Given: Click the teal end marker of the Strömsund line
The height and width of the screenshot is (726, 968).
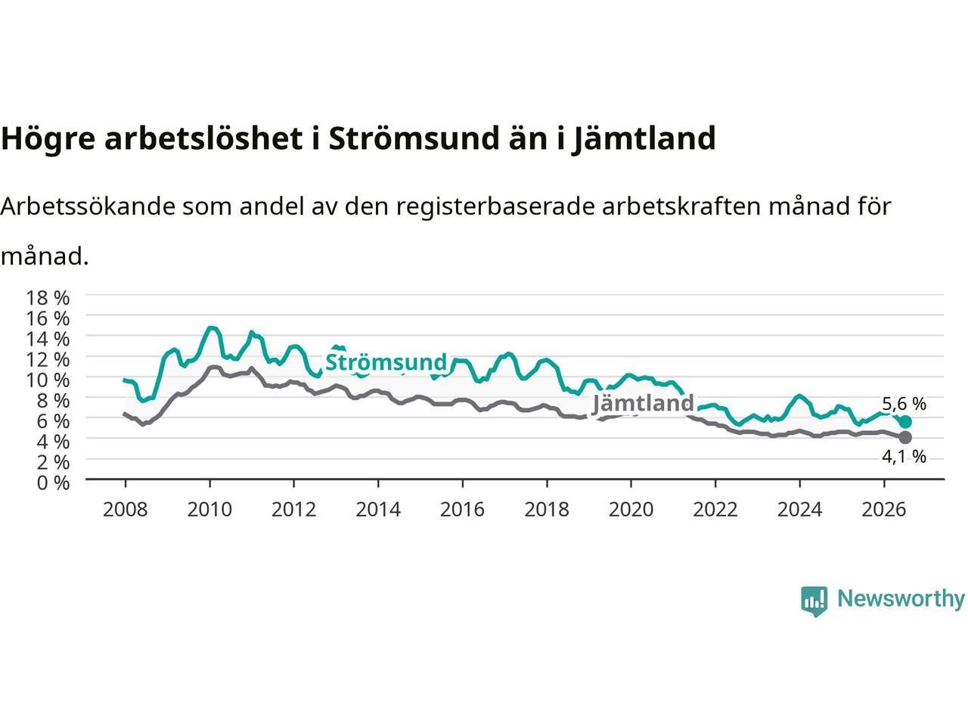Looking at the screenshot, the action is [x=905, y=422].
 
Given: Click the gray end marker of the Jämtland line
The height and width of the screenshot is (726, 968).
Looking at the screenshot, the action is [x=905, y=437].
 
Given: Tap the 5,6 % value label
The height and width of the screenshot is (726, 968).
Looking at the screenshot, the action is [x=904, y=403].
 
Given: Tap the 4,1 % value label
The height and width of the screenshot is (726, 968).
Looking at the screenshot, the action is [x=904, y=457].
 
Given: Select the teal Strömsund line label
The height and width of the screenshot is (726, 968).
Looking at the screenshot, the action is [x=386, y=362].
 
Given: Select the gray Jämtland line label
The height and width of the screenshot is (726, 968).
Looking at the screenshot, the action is [x=643, y=403].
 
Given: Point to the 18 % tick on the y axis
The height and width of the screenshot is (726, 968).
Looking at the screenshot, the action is [x=48, y=298].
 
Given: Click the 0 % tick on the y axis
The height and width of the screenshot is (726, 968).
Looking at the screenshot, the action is [x=53, y=483].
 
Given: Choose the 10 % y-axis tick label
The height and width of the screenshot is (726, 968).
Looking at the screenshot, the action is [x=48, y=380].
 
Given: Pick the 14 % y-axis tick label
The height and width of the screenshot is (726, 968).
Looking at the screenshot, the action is [x=48, y=339].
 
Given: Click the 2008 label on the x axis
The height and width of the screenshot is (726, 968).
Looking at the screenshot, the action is [x=126, y=510].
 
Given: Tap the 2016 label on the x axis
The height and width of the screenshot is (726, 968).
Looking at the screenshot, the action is [x=462, y=510].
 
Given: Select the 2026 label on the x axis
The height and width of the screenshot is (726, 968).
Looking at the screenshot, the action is [x=884, y=510].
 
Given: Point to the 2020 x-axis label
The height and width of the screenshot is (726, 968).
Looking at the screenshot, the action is [x=631, y=510].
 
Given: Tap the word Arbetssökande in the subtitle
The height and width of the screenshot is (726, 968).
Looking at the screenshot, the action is [x=88, y=206].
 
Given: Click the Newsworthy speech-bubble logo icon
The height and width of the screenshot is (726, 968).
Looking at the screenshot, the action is [x=814, y=601].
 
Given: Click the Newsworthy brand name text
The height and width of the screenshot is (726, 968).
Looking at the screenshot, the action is [x=901, y=599].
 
